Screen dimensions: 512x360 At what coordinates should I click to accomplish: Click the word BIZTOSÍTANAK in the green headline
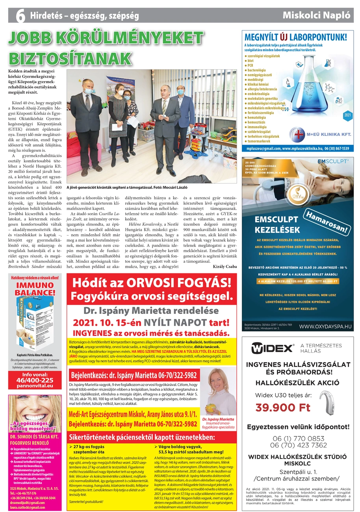[70, 58]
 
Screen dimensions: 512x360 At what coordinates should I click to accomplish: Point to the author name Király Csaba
[225, 267]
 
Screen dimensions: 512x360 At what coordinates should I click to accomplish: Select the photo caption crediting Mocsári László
[126, 187]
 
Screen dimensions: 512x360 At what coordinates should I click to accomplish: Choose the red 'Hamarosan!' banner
[328, 222]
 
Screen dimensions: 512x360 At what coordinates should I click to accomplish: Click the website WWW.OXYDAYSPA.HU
[325, 326]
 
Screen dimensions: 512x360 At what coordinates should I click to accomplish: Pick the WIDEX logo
[273, 348]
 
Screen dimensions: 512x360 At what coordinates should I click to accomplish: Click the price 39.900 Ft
[283, 407]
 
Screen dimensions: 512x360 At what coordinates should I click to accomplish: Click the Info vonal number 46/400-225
[35, 380]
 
